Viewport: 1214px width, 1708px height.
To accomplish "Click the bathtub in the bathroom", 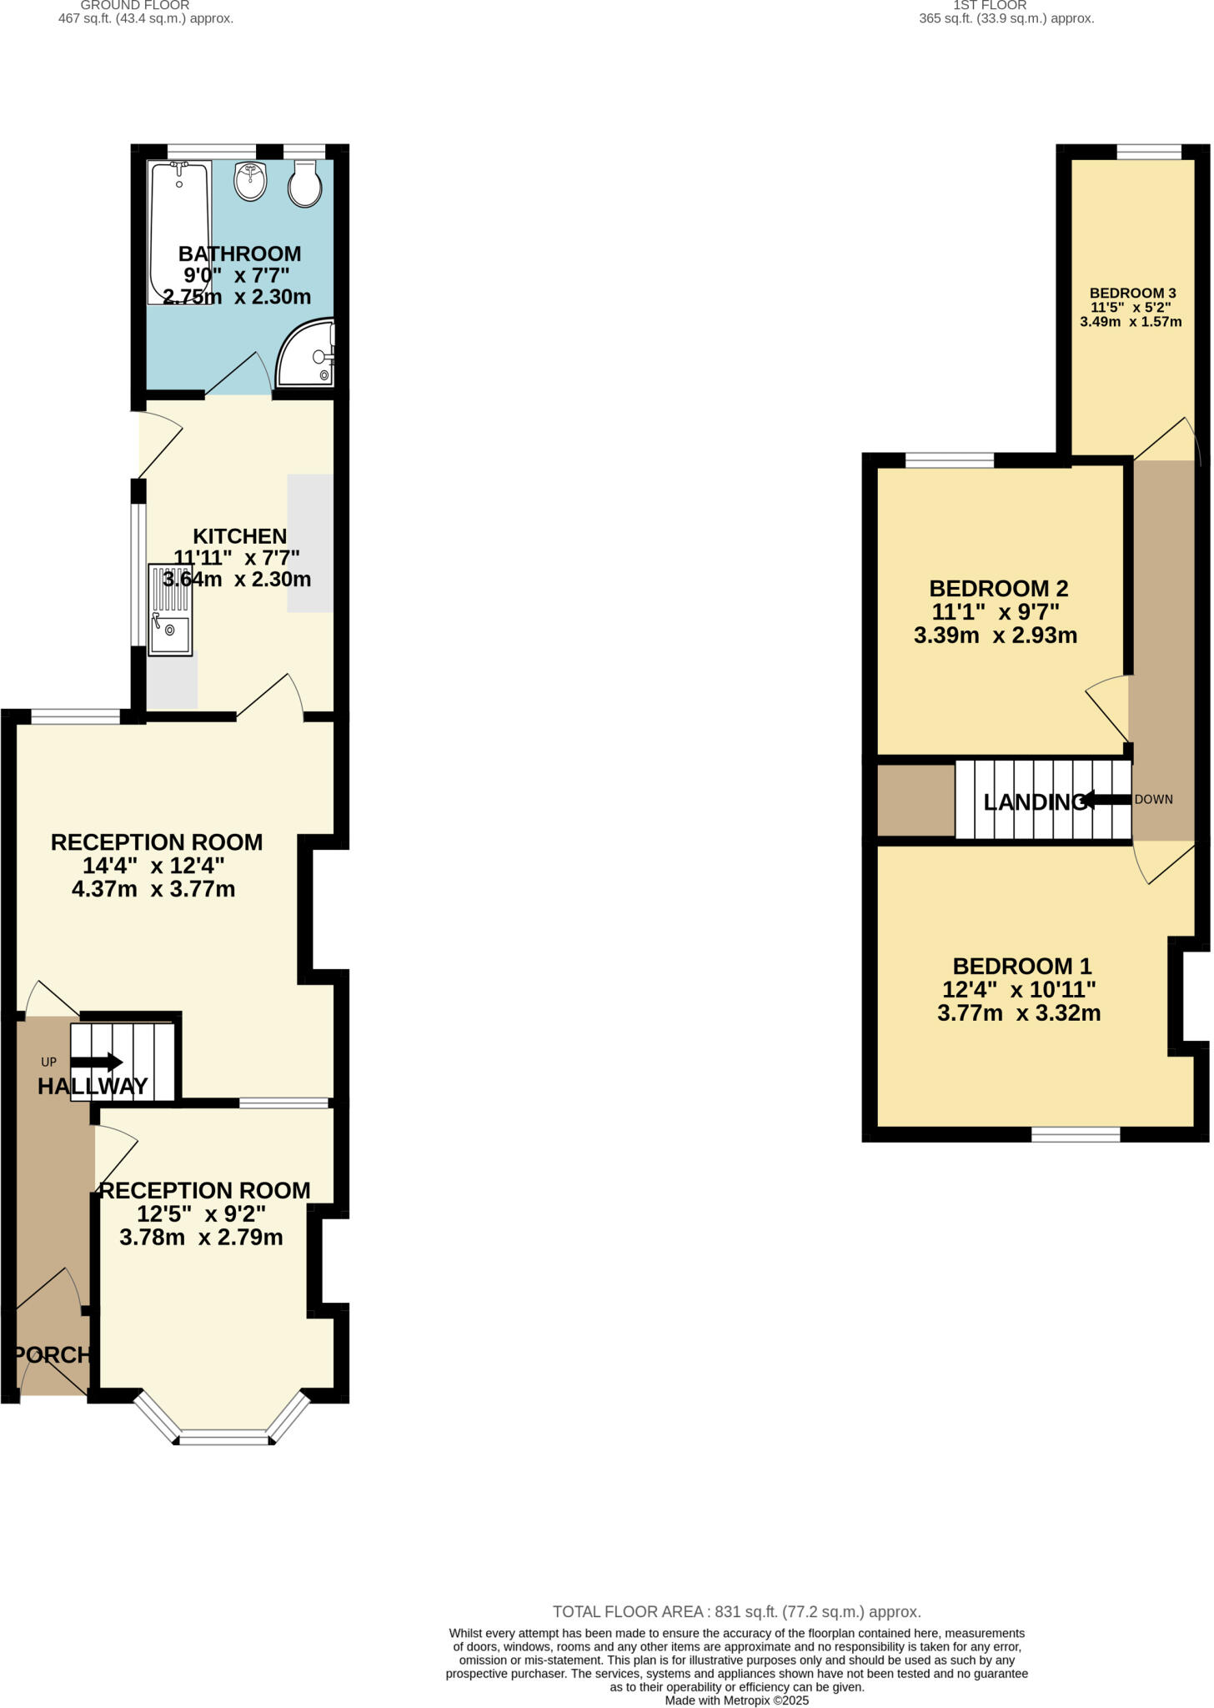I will [178, 232].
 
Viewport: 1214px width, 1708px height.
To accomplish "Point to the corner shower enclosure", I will [306, 354].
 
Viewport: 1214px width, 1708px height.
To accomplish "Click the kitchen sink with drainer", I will [170, 610].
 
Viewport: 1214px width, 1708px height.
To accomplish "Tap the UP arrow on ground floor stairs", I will [98, 1062].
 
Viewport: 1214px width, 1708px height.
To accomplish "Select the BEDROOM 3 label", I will [1132, 293].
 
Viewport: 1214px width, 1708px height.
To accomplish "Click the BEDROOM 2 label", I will [998, 589].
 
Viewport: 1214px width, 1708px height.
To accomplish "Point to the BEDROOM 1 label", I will [1021, 966].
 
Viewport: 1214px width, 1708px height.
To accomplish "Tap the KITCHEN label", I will [240, 536].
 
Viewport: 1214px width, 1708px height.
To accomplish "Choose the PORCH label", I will [53, 1355].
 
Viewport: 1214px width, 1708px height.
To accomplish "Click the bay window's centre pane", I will [224, 1438].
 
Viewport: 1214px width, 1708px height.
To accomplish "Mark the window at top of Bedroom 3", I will [1149, 152].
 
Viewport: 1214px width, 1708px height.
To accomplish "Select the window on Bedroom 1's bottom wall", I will [1076, 1134].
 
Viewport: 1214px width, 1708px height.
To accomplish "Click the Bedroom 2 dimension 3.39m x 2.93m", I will [996, 635].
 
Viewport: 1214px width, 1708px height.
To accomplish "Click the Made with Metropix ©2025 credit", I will [736, 1700].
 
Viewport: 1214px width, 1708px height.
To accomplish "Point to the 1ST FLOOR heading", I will [989, 5].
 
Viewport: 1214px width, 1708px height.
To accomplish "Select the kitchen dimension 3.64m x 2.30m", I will [237, 579].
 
